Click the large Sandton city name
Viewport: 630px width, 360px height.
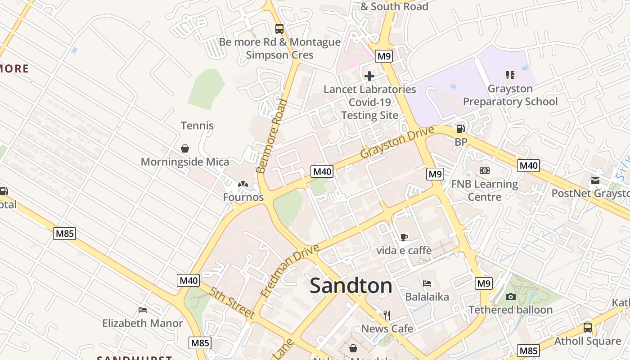coord(351,286)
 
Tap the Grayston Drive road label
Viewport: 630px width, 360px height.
coord(397,142)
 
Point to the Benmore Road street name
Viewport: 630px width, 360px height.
coord(271,136)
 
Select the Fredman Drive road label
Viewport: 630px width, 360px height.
coord(290,270)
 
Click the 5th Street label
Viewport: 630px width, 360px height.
coord(232,303)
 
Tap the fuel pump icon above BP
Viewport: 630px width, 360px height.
coord(460,129)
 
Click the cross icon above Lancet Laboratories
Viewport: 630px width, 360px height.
coord(369,76)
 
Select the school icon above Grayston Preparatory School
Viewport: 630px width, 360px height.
coord(510,75)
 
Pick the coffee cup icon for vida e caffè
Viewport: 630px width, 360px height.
coord(404,237)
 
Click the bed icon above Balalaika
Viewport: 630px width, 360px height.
coord(427,283)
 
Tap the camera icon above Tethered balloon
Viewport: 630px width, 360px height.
coord(510,297)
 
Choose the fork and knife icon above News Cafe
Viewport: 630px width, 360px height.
coord(387,315)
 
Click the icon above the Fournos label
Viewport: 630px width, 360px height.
coord(243,184)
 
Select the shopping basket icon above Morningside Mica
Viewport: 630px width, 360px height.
coord(184,148)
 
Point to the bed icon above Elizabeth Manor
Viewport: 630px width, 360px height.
coord(143,310)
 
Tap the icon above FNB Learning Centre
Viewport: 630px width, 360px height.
coord(485,171)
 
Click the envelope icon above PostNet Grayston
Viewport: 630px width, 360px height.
coord(595,180)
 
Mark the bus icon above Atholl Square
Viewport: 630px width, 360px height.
coord(587,328)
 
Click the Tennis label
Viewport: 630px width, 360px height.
coord(197,126)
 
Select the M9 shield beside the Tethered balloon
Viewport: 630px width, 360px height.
coord(483,283)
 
